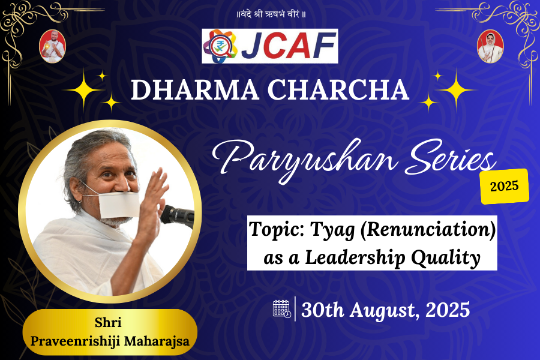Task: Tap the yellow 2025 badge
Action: [505, 186]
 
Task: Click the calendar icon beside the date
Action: [281, 308]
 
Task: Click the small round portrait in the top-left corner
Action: [52, 46]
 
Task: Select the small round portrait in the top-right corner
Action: [490, 46]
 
